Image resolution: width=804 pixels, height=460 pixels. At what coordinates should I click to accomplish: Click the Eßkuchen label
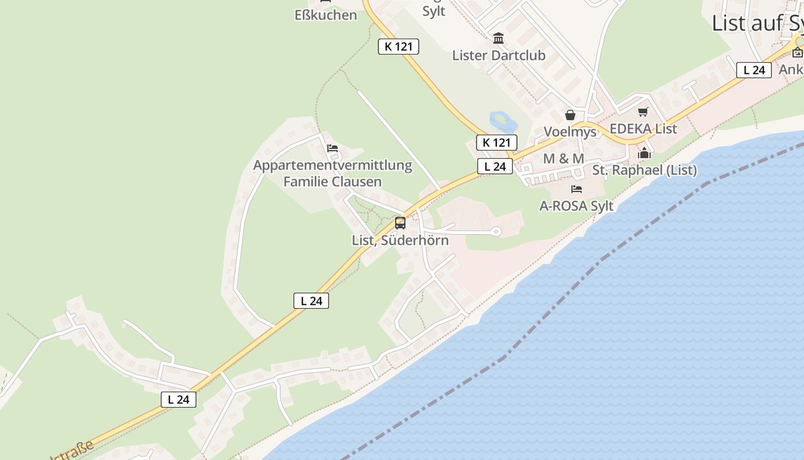pyautogui.click(x=326, y=15)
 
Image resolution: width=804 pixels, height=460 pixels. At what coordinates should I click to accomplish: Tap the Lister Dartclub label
pyautogui.click(x=498, y=55)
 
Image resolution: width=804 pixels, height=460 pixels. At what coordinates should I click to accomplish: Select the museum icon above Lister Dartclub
pyautogui.click(x=498, y=39)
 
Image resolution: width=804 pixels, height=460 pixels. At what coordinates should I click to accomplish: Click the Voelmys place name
pyautogui.click(x=570, y=132)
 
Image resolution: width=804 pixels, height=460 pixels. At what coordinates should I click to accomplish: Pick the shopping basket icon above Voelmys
pyautogui.click(x=570, y=115)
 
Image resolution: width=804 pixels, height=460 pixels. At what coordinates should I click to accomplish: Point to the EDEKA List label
pyautogui.click(x=643, y=129)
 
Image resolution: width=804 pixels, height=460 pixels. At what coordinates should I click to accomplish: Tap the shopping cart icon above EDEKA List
pyautogui.click(x=643, y=112)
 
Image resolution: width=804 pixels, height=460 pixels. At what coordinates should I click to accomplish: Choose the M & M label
pyautogui.click(x=563, y=159)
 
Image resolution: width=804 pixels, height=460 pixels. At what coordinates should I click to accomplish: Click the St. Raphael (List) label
pyautogui.click(x=644, y=170)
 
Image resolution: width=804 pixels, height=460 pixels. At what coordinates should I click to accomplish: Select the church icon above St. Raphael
pyautogui.click(x=644, y=153)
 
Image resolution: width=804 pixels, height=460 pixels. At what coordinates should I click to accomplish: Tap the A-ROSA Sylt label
pyautogui.click(x=576, y=206)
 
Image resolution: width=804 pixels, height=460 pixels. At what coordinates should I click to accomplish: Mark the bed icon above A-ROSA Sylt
pyautogui.click(x=577, y=189)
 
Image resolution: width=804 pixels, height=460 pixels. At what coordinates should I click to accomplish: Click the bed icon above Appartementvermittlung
pyautogui.click(x=333, y=148)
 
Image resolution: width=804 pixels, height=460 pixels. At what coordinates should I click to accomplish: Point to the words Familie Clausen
pyautogui.click(x=333, y=182)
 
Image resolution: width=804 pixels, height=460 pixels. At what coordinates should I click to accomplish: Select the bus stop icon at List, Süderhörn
pyautogui.click(x=400, y=223)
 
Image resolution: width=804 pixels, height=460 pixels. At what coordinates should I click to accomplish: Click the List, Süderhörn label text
pyautogui.click(x=400, y=240)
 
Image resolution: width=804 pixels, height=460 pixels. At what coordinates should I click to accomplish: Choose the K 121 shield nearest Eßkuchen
pyautogui.click(x=399, y=47)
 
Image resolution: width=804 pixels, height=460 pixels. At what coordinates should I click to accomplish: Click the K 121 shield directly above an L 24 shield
pyautogui.click(x=497, y=143)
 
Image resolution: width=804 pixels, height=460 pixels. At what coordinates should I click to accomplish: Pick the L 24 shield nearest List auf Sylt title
pyautogui.click(x=753, y=70)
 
